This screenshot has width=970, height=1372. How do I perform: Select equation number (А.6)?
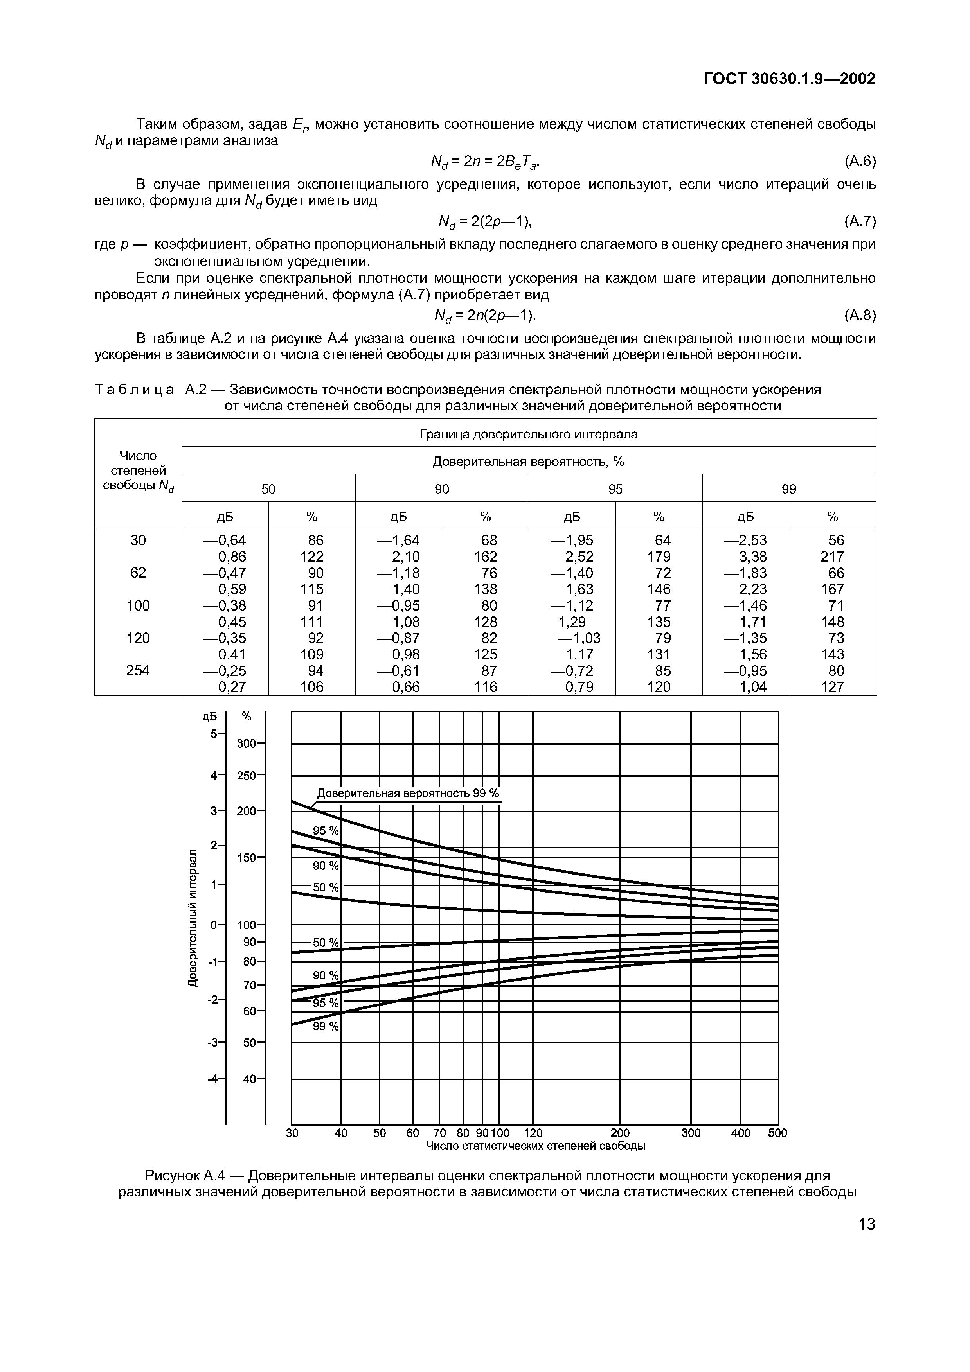pos(859,162)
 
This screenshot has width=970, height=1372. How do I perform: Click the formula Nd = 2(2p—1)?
pos(485,222)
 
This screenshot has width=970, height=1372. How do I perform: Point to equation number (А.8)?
pos(859,315)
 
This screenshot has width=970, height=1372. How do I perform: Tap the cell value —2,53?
pos(745,540)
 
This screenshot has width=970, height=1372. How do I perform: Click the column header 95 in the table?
pos(615,489)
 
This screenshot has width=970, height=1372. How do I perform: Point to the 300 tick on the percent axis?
pos(246,744)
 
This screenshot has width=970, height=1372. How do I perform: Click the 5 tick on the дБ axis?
pos(214,733)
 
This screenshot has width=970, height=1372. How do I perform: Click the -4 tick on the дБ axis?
pos(213,1079)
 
